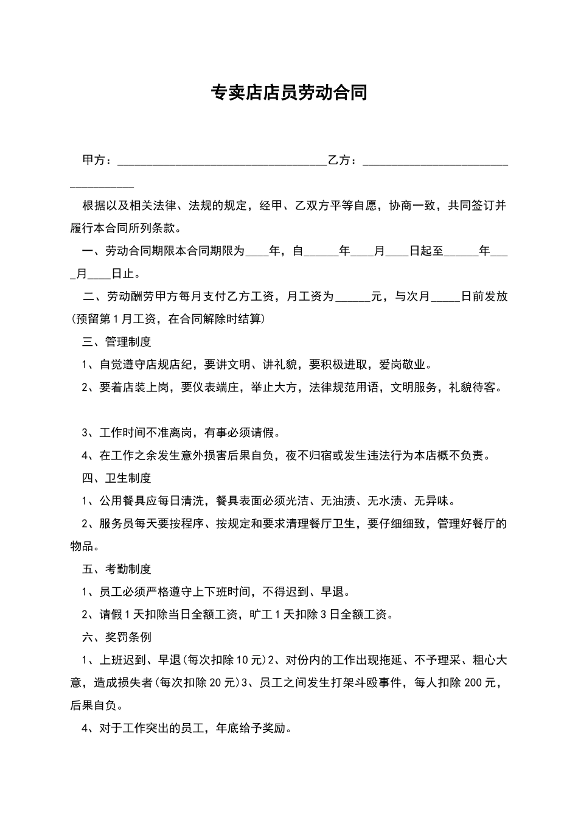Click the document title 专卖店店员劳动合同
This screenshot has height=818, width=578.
pos(289,93)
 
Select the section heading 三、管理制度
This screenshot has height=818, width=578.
pos(117,342)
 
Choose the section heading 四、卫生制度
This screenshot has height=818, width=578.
pos(117,478)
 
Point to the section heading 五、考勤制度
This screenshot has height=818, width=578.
pos(117,569)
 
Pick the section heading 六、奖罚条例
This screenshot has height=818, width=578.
pos(117,637)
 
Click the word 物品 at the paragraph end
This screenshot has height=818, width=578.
pos(82,547)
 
